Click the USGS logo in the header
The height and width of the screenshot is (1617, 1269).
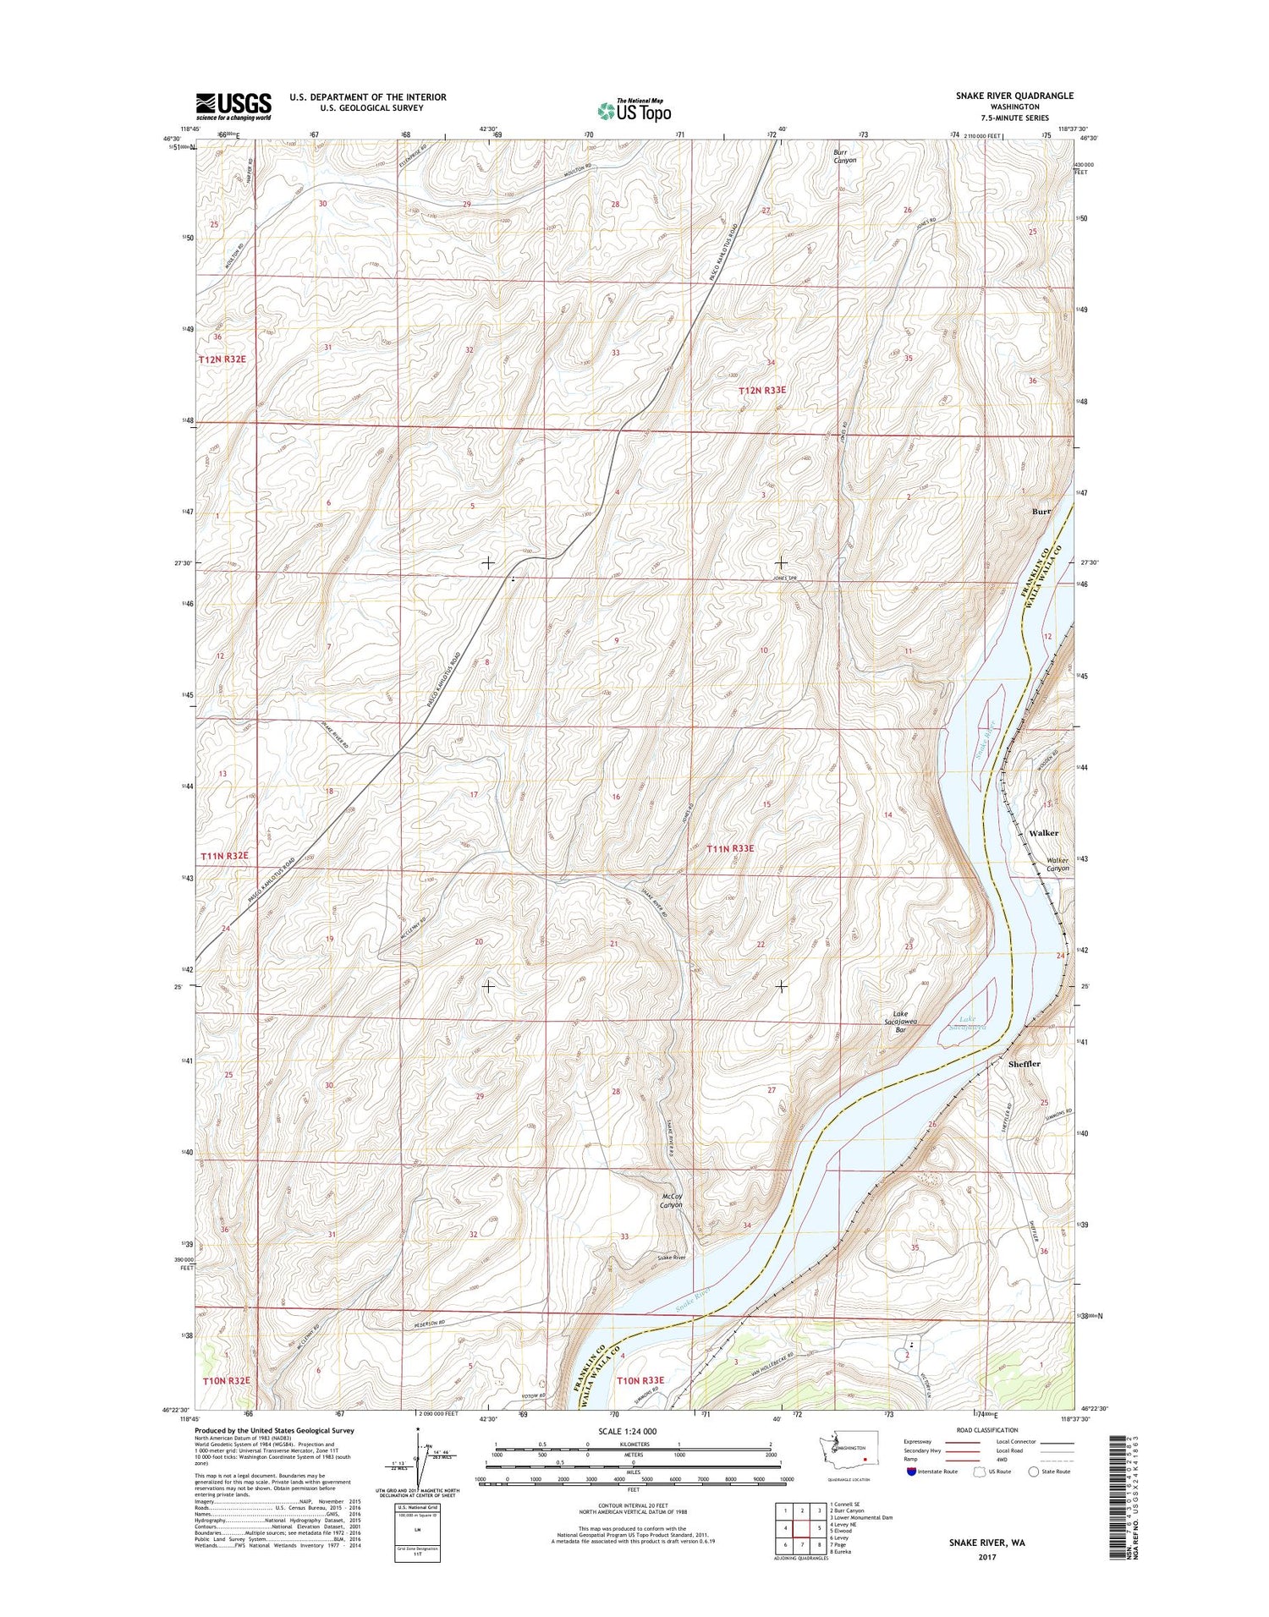234,107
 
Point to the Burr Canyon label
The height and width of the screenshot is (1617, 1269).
844,156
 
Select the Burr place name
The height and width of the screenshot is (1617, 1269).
1041,512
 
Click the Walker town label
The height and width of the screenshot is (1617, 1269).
1044,833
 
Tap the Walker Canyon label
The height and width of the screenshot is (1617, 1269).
1053,863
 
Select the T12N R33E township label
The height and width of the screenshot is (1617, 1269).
762,390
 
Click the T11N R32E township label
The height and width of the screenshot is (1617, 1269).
225,856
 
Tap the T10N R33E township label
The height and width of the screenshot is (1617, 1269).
640,1380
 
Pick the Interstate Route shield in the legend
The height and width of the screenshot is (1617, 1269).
910,1471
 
